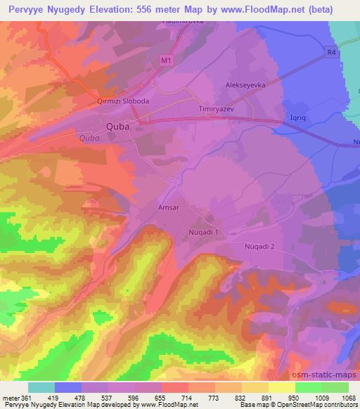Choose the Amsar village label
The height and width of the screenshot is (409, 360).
point(169,209)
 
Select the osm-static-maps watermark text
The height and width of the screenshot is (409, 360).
point(325,377)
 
